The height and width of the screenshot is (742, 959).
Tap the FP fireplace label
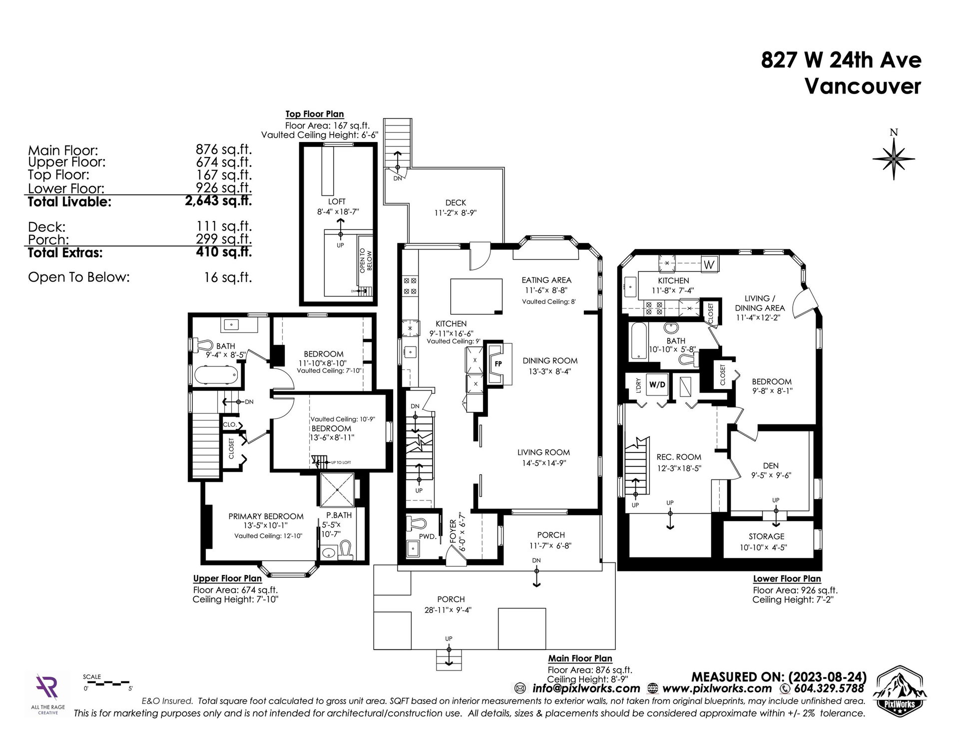[x=498, y=364]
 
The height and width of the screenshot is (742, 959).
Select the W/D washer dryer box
[x=657, y=384]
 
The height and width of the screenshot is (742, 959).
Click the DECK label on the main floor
[x=456, y=202]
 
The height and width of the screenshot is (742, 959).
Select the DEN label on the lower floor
[x=771, y=465]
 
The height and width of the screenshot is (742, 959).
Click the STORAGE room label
[x=766, y=536]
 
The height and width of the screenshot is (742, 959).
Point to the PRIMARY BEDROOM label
[x=266, y=516]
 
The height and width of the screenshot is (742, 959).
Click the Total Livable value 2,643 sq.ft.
[x=218, y=201]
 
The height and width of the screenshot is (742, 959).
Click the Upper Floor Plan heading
[x=227, y=578]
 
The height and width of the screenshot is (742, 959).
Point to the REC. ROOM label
[x=679, y=457]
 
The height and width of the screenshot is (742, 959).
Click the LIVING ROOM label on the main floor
[x=543, y=452]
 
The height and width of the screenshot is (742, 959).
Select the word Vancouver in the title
[x=863, y=86]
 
